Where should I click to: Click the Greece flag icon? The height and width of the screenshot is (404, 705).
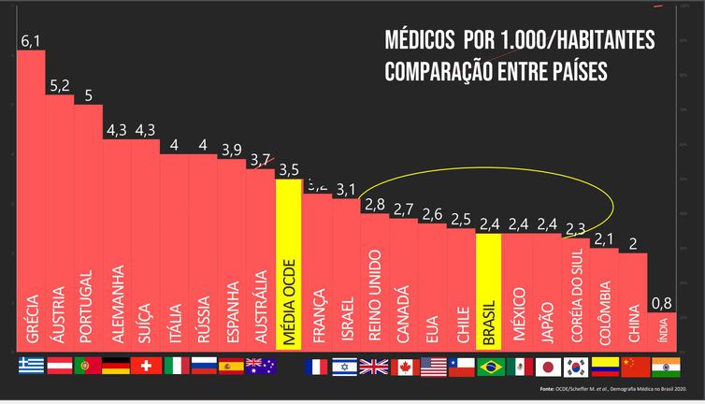(x=31, y=366)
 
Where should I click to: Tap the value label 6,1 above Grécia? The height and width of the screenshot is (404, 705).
(x=31, y=40)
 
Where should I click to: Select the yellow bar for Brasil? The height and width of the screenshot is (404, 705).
(x=489, y=290)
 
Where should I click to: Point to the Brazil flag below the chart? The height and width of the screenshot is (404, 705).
(x=490, y=366)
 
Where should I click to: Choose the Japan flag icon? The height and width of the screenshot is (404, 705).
(x=547, y=366)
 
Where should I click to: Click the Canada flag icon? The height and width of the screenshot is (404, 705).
(x=404, y=366)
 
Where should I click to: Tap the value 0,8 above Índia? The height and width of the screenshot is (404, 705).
(x=662, y=302)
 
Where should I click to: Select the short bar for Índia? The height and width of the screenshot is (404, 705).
(x=662, y=329)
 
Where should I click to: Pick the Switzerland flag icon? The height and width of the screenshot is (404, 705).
(x=146, y=366)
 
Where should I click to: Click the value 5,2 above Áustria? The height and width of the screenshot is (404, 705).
(x=60, y=86)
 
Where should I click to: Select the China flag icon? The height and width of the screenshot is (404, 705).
(x=634, y=366)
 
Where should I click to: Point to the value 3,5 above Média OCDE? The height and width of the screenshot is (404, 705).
(x=289, y=170)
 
